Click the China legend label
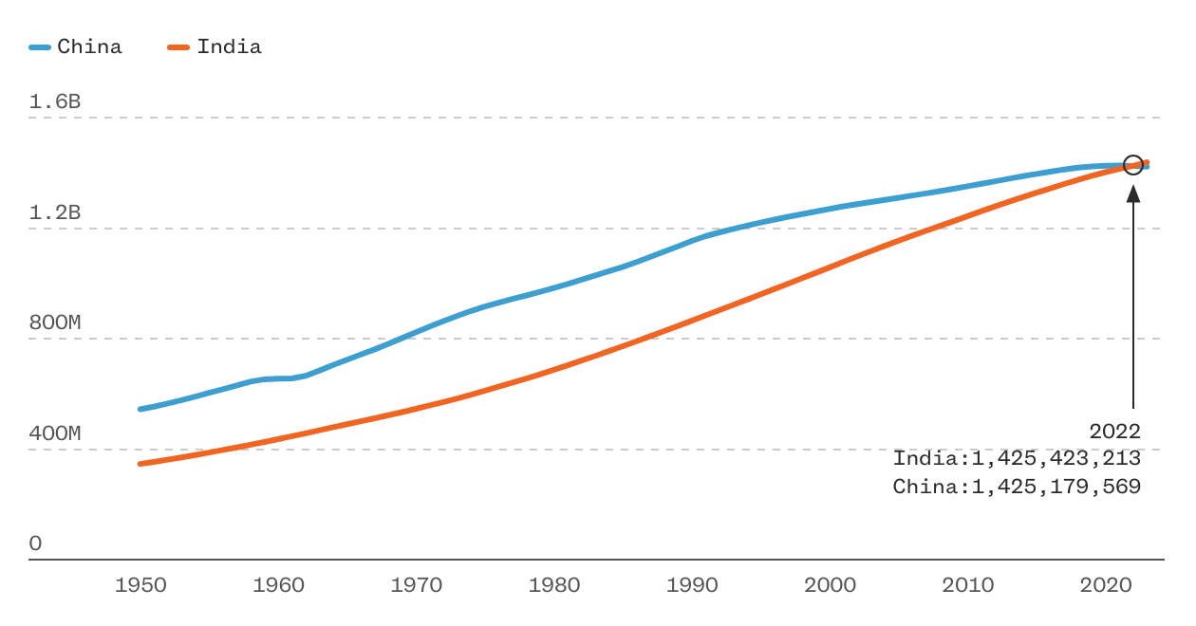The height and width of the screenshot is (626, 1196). coord(89,46)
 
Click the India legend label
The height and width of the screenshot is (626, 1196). coord(229,46)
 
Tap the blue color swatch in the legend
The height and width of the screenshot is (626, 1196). coord(40,46)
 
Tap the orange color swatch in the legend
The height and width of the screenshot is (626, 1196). coord(179,46)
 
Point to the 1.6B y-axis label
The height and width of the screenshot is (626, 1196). coord(55,101)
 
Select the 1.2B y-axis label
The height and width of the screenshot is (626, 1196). coord(55,212)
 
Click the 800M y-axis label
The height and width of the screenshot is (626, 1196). coord(55,322)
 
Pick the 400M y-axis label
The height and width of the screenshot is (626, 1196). coord(55,433)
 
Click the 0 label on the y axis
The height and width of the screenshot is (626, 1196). coord(36,543)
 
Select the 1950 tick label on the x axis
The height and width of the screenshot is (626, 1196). coord(140,585)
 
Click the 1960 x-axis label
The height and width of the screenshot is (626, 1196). coord(278,585)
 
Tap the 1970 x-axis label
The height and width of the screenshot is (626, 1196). coord(417,585)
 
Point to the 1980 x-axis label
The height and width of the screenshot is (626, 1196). coord(554,585)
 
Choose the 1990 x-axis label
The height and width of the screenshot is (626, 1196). coord(692,585)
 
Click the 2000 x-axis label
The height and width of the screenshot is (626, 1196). coord(830,585)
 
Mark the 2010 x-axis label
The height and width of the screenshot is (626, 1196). coord(968,585)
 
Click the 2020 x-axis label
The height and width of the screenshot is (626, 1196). coord(1106,585)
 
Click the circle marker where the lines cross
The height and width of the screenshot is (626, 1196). coord(1133,165)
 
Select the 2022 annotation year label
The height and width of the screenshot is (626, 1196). coord(1114,432)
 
